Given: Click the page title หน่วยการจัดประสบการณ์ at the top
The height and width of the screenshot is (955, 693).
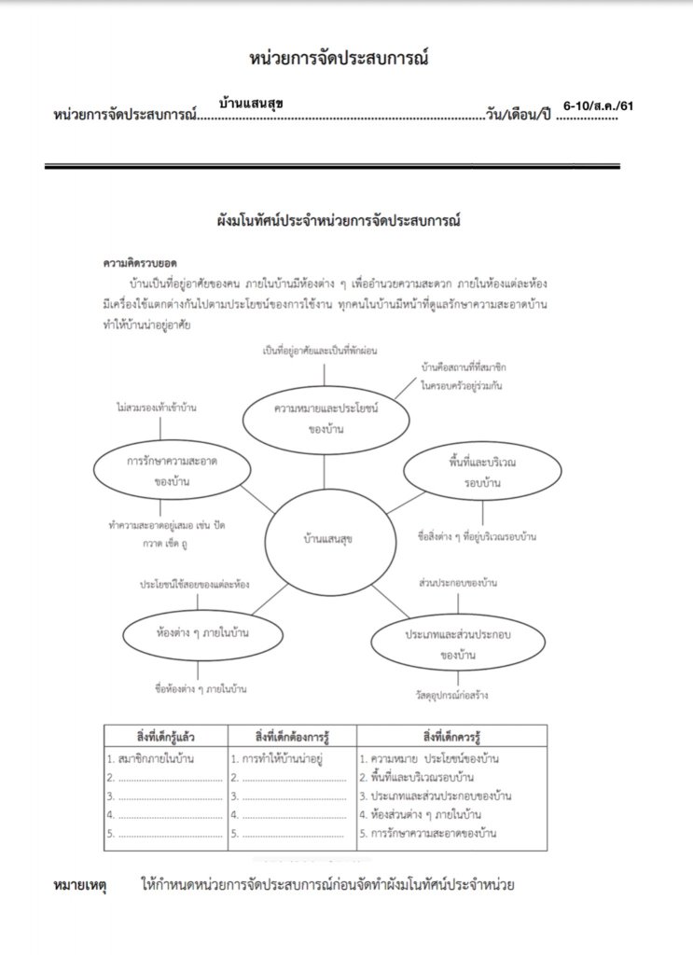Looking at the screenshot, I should tap(340, 58).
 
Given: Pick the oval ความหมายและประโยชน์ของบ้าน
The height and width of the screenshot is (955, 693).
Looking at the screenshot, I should tap(325, 419).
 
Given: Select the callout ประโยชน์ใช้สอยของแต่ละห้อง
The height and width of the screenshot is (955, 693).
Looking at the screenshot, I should tap(194, 584).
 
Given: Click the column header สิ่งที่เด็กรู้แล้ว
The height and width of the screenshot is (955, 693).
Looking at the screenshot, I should tap(165, 734).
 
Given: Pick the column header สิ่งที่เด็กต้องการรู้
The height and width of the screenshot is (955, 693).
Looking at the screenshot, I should tap(290, 734).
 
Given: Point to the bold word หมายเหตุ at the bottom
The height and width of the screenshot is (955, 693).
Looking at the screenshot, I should tap(81, 884).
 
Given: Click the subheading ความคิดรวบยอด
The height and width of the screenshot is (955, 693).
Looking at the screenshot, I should tap(140, 263).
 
